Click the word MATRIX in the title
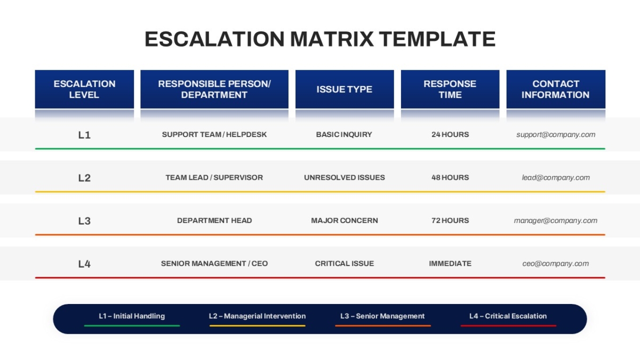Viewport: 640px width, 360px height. tap(332, 39)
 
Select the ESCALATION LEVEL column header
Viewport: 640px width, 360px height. tap(84, 89)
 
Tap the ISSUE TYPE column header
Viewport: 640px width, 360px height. tap(345, 89)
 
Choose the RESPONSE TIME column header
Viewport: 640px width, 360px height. tap(450, 89)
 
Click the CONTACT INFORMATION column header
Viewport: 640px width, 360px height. tap(556, 89)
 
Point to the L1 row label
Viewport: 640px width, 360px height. tap(84, 135)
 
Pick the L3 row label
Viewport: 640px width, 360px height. tap(84, 221)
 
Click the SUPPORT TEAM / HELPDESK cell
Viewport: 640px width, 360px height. tap(214, 134)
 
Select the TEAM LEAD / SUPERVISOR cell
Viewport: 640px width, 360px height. tap(214, 178)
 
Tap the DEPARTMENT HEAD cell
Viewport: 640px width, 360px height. tap(214, 221)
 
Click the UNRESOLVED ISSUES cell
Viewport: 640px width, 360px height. tap(345, 178)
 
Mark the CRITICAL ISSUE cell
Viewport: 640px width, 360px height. tap(345, 263)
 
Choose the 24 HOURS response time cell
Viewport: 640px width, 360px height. tap(450, 134)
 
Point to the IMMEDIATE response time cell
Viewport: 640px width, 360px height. tap(450, 263)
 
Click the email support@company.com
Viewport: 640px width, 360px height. tap(556, 134)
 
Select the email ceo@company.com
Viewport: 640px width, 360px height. tap(556, 263)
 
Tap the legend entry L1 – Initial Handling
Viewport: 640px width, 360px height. tap(132, 316)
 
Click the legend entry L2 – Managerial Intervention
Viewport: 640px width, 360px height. tap(257, 316)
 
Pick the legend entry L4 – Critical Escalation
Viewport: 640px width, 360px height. tap(508, 316)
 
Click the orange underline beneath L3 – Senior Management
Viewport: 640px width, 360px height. tap(383, 326)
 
